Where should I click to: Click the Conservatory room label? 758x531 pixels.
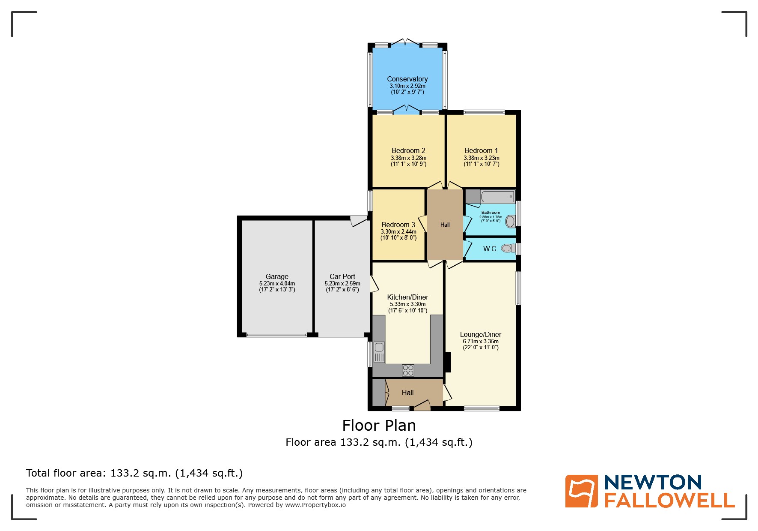407,79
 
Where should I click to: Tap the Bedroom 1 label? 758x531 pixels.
481,151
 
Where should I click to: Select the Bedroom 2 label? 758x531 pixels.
408,151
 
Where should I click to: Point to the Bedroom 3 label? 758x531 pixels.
398,225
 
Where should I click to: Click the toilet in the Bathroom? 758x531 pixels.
510,222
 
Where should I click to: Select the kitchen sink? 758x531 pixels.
379,351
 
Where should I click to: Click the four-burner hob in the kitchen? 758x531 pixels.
408,370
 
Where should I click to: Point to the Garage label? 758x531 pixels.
277,277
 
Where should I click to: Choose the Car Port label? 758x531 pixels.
342,277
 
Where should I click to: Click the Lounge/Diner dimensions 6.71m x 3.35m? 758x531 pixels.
481,342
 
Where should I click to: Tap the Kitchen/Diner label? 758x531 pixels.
407,297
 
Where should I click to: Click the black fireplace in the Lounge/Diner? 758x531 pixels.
448,362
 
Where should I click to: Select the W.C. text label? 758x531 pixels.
490,249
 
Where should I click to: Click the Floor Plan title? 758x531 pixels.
379,426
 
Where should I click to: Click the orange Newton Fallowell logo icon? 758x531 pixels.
581,491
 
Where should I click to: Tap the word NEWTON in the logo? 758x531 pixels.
653,483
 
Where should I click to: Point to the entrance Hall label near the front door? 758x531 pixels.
407,393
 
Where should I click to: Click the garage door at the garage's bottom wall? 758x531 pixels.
276,335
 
